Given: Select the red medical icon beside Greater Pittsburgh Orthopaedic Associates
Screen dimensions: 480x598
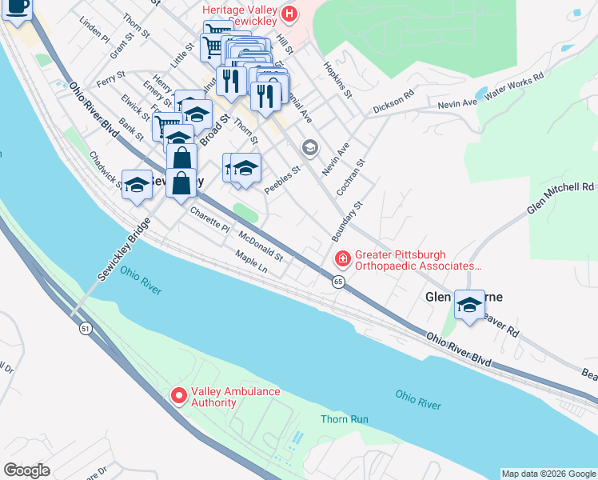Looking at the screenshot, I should [x=342, y=258].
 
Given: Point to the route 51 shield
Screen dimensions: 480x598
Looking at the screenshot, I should [x=85, y=328].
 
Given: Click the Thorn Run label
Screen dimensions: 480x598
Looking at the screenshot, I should [x=344, y=418].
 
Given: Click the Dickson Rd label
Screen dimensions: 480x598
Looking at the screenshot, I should [x=393, y=103].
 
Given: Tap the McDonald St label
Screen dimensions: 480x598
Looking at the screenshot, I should [x=261, y=246].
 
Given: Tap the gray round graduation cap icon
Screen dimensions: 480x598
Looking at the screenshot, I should [x=310, y=148].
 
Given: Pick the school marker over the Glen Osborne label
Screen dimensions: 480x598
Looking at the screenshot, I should [x=470, y=304].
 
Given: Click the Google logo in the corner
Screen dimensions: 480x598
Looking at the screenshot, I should [x=26, y=470].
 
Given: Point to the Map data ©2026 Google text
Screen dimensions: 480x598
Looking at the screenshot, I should [x=548, y=474].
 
